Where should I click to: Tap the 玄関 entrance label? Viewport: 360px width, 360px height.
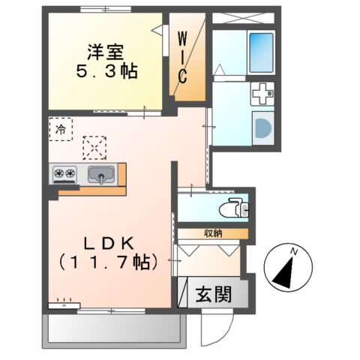(x=214, y=293)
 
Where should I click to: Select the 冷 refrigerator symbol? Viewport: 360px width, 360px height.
(x=60, y=129)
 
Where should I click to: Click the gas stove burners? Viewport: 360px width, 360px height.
(x=64, y=175)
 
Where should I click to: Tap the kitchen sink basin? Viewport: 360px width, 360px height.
(x=100, y=176)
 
